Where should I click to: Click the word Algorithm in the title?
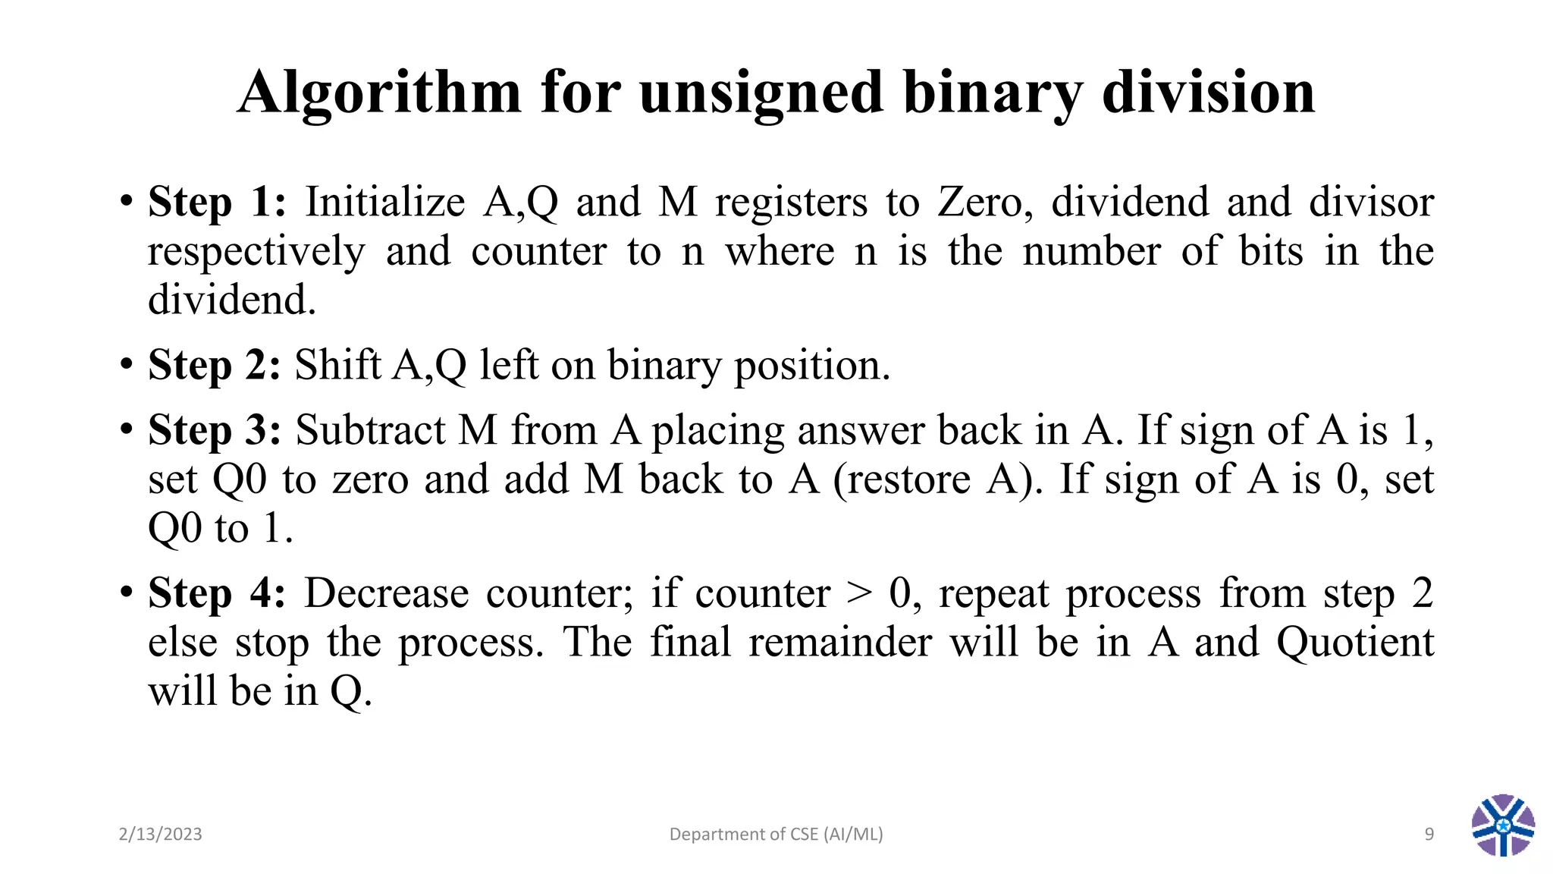tap(379, 93)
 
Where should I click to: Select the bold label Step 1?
tap(217, 203)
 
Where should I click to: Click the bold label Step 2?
tap(215, 366)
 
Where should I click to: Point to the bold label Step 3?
tap(215, 431)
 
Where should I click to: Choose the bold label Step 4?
tap(217, 593)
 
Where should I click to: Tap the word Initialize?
tap(385, 203)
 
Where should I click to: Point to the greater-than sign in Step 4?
tap(859, 593)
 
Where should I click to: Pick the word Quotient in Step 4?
tap(1355, 643)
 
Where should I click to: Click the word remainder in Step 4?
tap(840, 643)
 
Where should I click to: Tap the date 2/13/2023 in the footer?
tap(161, 835)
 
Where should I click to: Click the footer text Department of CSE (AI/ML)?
tap(776, 835)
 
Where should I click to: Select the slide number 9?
tap(1429, 835)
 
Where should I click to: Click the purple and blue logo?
tap(1503, 825)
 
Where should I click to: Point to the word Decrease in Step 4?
tap(387, 593)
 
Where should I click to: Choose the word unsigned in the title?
tap(761, 93)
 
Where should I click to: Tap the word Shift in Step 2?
tap(337, 366)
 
